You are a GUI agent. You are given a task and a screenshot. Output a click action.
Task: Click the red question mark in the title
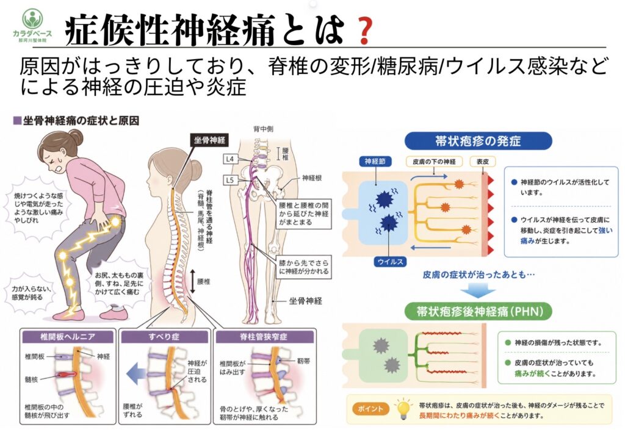pos(364,31)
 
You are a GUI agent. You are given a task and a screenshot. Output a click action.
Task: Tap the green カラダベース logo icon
pos(32,18)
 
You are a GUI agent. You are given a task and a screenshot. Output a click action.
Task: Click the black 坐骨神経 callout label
pos(210,140)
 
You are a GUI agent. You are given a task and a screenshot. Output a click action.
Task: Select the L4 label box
pos(230,159)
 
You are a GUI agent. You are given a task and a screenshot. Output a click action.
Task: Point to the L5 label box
pos(230,180)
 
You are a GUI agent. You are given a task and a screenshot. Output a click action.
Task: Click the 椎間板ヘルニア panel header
pos(68,337)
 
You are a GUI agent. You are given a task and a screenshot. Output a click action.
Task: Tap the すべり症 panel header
pos(164,337)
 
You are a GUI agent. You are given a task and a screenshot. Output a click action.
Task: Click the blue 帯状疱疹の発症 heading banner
pos(478,141)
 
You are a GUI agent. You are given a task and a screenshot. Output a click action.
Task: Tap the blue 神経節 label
pos(375,161)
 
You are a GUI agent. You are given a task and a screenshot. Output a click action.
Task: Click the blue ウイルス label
pos(390,262)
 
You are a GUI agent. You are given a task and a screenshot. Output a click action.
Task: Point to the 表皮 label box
pos(483,161)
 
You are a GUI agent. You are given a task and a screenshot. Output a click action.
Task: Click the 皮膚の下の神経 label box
pos(434,161)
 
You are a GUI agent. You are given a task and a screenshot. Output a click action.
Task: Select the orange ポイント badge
pos(370,409)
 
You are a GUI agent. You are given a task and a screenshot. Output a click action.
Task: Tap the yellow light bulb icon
pos(403,408)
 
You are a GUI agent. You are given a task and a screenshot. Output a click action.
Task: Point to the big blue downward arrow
pos(477,290)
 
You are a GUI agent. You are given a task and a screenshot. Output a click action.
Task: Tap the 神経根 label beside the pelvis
pos(312,178)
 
